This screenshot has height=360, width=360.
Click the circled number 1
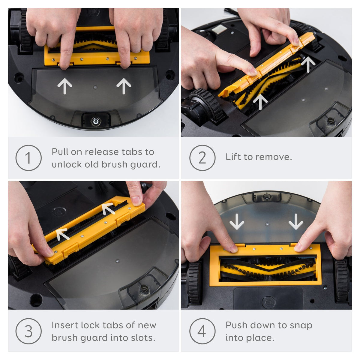[28, 158]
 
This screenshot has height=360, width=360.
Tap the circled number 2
[202, 158]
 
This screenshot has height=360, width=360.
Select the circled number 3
[28, 331]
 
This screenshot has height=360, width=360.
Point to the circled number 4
[202, 331]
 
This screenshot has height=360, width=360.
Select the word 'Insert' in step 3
[64, 325]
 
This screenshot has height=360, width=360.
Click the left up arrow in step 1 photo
[64, 86]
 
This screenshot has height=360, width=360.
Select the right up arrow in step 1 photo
[124, 86]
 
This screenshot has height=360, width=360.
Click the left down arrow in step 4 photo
[237, 222]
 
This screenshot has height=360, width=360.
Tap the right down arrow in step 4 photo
[296, 222]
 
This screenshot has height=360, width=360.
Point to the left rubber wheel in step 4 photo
[194, 282]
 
